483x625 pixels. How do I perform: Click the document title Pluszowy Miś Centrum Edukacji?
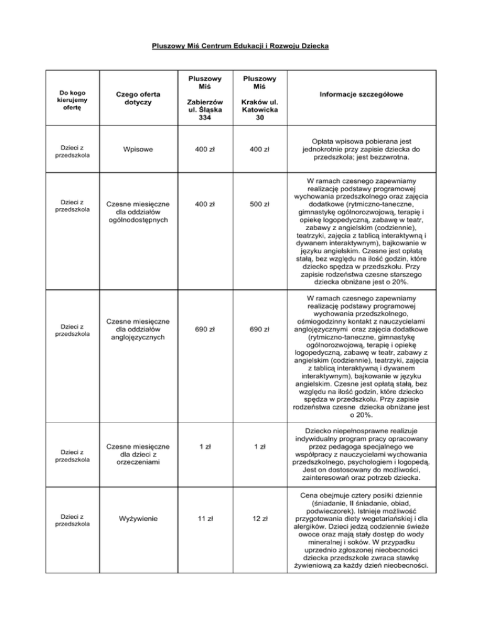click(241, 46)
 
